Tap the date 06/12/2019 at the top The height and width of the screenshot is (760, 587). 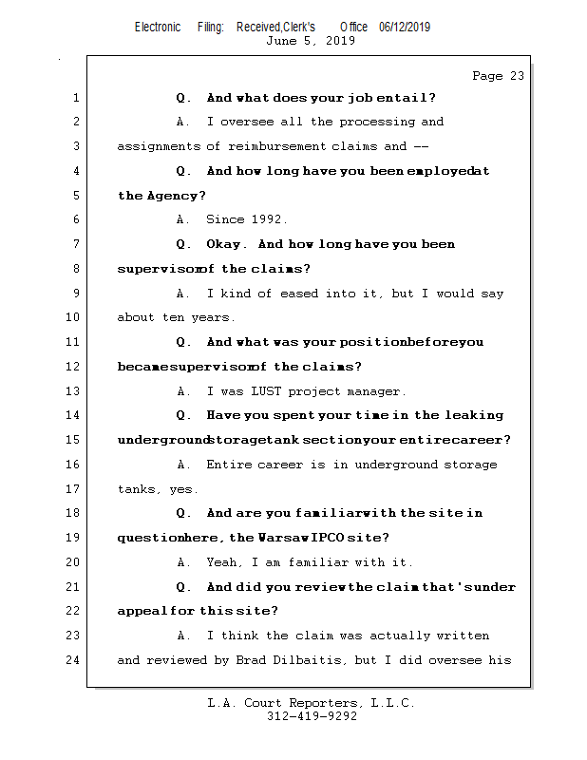(x=405, y=28)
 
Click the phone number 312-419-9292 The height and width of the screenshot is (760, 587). (x=312, y=717)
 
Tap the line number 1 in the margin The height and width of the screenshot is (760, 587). (x=76, y=98)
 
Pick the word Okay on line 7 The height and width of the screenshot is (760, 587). (x=226, y=244)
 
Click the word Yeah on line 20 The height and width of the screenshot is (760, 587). (x=221, y=562)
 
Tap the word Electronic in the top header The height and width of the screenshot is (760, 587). (x=158, y=28)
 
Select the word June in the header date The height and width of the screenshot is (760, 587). (x=281, y=41)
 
